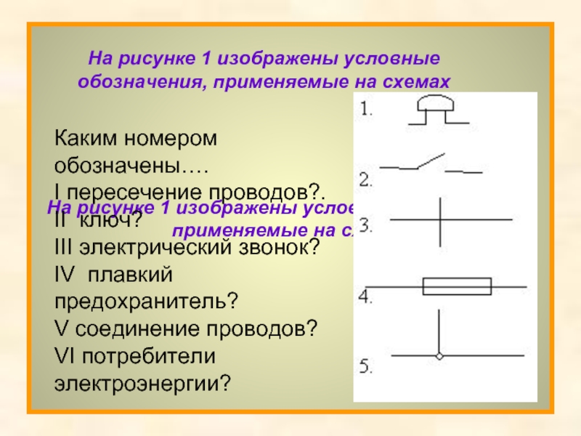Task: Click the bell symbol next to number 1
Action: (x=434, y=111)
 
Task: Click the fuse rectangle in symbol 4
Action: (x=457, y=286)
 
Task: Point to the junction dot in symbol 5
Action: (x=439, y=355)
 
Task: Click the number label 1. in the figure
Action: (x=366, y=111)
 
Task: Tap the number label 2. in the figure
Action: (x=366, y=177)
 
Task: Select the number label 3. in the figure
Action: (x=366, y=226)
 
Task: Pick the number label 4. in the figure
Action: (x=366, y=296)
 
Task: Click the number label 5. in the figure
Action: (x=366, y=367)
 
